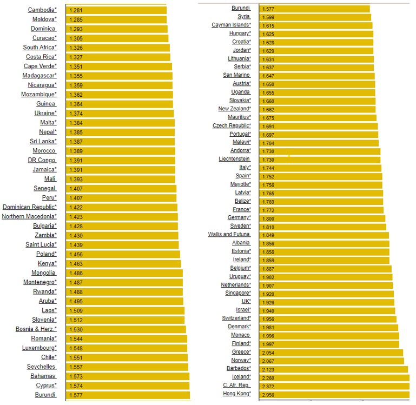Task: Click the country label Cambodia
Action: (x=42, y=10)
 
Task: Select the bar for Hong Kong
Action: (x=335, y=394)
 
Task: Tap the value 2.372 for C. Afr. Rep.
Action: (x=268, y=386)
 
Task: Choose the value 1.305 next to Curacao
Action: (x=76, y=38)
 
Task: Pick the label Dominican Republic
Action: (x=29, y=207)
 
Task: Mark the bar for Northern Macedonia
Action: (x=122, y=217)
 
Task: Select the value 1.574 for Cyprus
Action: (x=76, y=386)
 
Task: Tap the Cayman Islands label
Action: (x=231, y=25)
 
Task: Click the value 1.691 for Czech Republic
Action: (x=268, y=126)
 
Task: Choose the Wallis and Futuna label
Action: (x=229, y=235)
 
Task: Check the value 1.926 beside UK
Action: (x=268, y=302)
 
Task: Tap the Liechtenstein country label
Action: (x=234, y=160)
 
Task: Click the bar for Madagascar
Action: (x=119, y=76)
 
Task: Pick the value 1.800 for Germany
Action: (x=268, y=218)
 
